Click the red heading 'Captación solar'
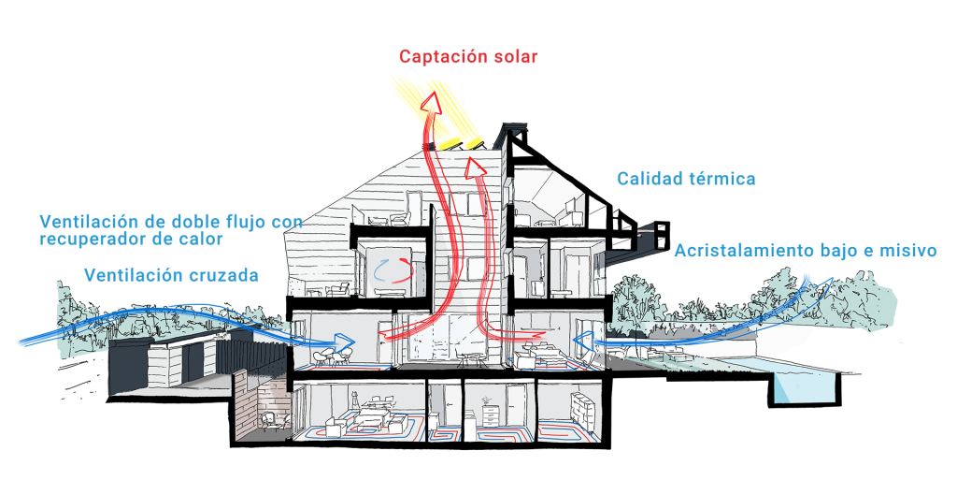(x=468, y=57)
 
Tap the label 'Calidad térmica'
(x=685, y=179)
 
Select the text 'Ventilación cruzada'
(x=171, y=275)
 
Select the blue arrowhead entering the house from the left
(x=343, y=342)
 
